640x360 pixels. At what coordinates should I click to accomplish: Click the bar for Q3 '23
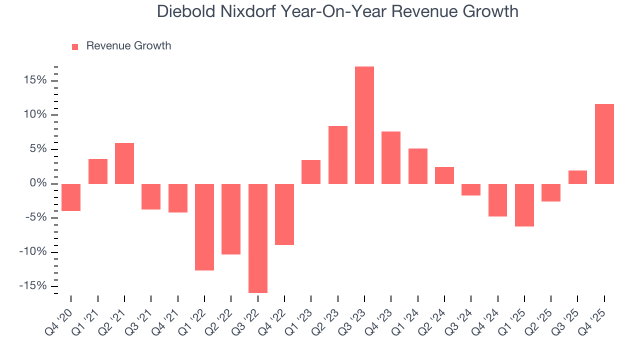pos(364,125)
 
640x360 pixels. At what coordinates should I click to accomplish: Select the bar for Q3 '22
pos(258,238)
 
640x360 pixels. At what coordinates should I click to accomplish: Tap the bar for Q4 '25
pos(604,144)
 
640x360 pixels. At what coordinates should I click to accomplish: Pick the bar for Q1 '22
pos(204,227)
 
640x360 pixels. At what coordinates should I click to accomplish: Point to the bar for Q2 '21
pos(124,163)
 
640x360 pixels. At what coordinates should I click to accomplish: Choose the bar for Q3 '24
pos(471,189)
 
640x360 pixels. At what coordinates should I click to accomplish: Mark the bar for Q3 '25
pos(577,177)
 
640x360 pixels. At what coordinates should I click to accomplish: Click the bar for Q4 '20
pos(71,197)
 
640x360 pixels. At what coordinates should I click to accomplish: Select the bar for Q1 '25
pos(524,205)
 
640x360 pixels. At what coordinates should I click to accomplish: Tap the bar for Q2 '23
pos(338,155)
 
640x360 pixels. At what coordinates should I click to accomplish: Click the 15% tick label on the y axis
pos(34,80)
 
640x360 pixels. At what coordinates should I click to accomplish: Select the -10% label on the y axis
pos(32,251)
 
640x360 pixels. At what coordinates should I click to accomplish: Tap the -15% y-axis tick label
pos(32,285)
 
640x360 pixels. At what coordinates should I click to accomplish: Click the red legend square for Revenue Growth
pos(75,46)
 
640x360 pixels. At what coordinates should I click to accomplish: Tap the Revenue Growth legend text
pos(128,46)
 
